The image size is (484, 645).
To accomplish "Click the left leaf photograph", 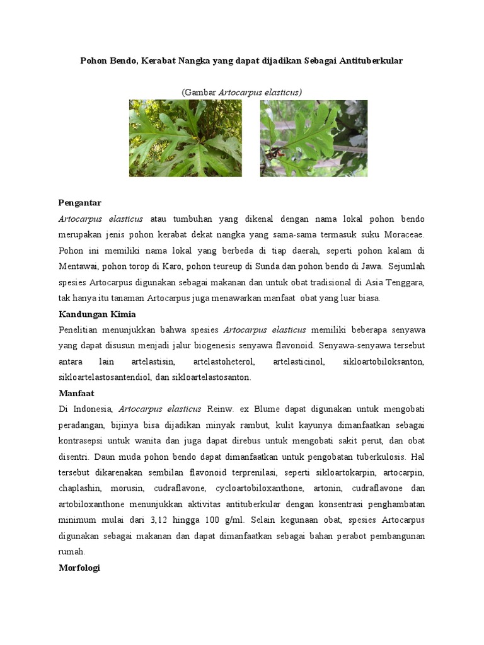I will [x=185, y=138].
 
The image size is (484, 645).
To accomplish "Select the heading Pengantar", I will [x=79, y=203].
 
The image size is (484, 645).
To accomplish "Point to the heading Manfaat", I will [x=76, y=394].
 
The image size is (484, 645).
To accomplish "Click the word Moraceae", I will [x=405, y=234].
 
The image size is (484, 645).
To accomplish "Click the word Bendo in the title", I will [x=118, y=60].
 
